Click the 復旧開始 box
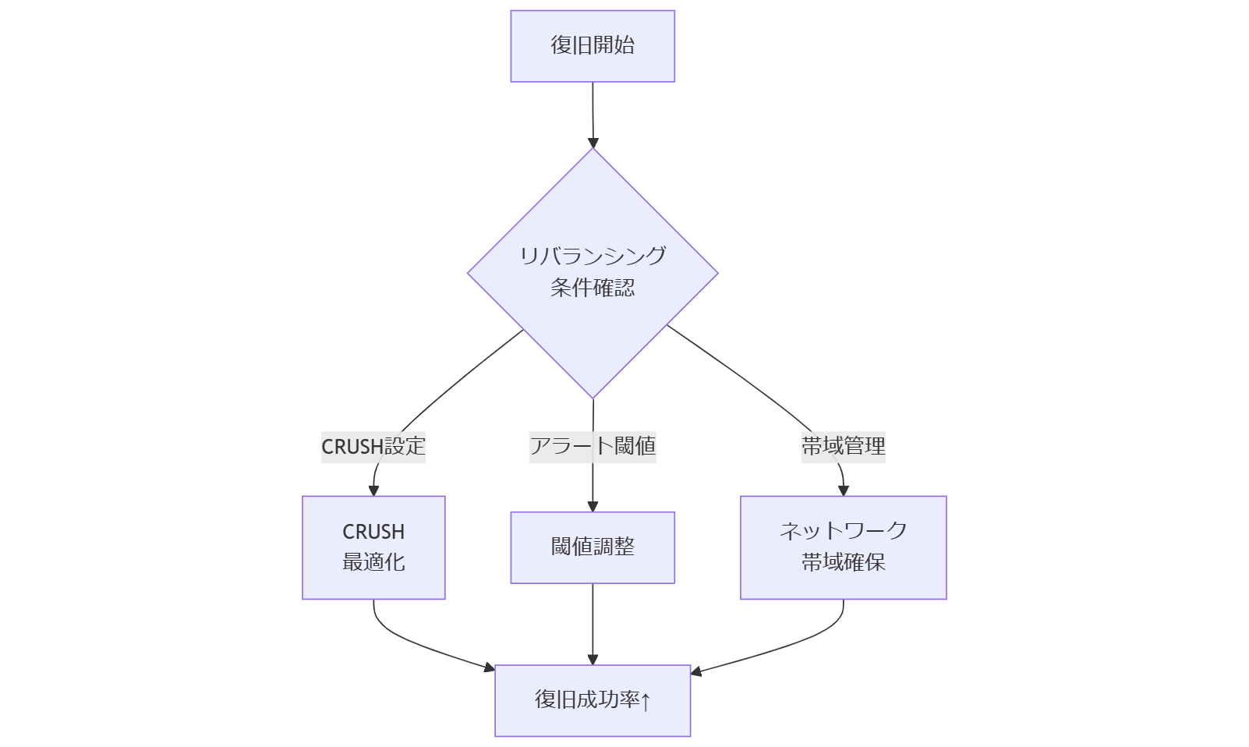click(593, 46)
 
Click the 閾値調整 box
click(593, 547)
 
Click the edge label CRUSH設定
click(373, 447)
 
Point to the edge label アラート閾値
click(593, 446)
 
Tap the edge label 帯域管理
click(843, 446)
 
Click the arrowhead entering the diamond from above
click(593, 143)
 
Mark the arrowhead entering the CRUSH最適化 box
click(373, 490)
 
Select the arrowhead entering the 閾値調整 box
click(593, 506)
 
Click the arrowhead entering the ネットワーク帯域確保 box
click(843, 490)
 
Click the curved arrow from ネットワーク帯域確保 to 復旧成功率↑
click(803, 643)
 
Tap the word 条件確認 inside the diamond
click(593, 288)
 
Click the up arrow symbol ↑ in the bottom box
click(646, 701)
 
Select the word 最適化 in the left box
click(373, 562)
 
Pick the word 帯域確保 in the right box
click(843, 562)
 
